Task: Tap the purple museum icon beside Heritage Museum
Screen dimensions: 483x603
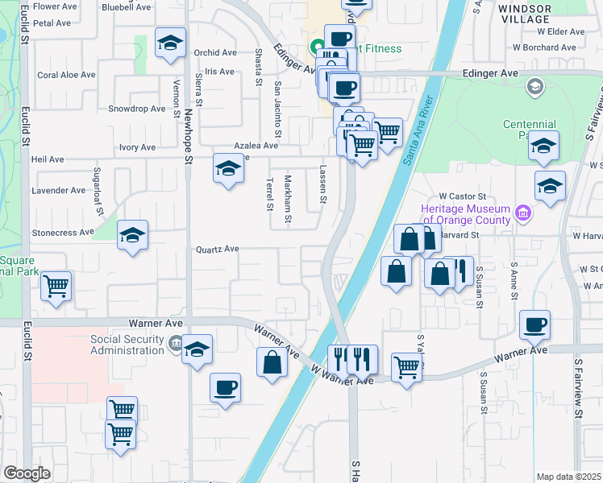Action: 524,213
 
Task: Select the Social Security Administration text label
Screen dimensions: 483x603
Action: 127,345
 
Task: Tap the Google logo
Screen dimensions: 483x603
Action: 27,473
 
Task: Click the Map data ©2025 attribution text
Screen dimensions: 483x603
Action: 569,477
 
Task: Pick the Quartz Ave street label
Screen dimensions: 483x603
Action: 218,250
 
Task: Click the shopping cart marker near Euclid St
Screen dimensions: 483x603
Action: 56,286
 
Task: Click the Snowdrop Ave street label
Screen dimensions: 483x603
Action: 136,109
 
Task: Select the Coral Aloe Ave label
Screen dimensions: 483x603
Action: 67,75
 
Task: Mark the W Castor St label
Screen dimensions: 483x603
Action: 463,196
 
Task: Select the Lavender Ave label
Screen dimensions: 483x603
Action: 58,191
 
